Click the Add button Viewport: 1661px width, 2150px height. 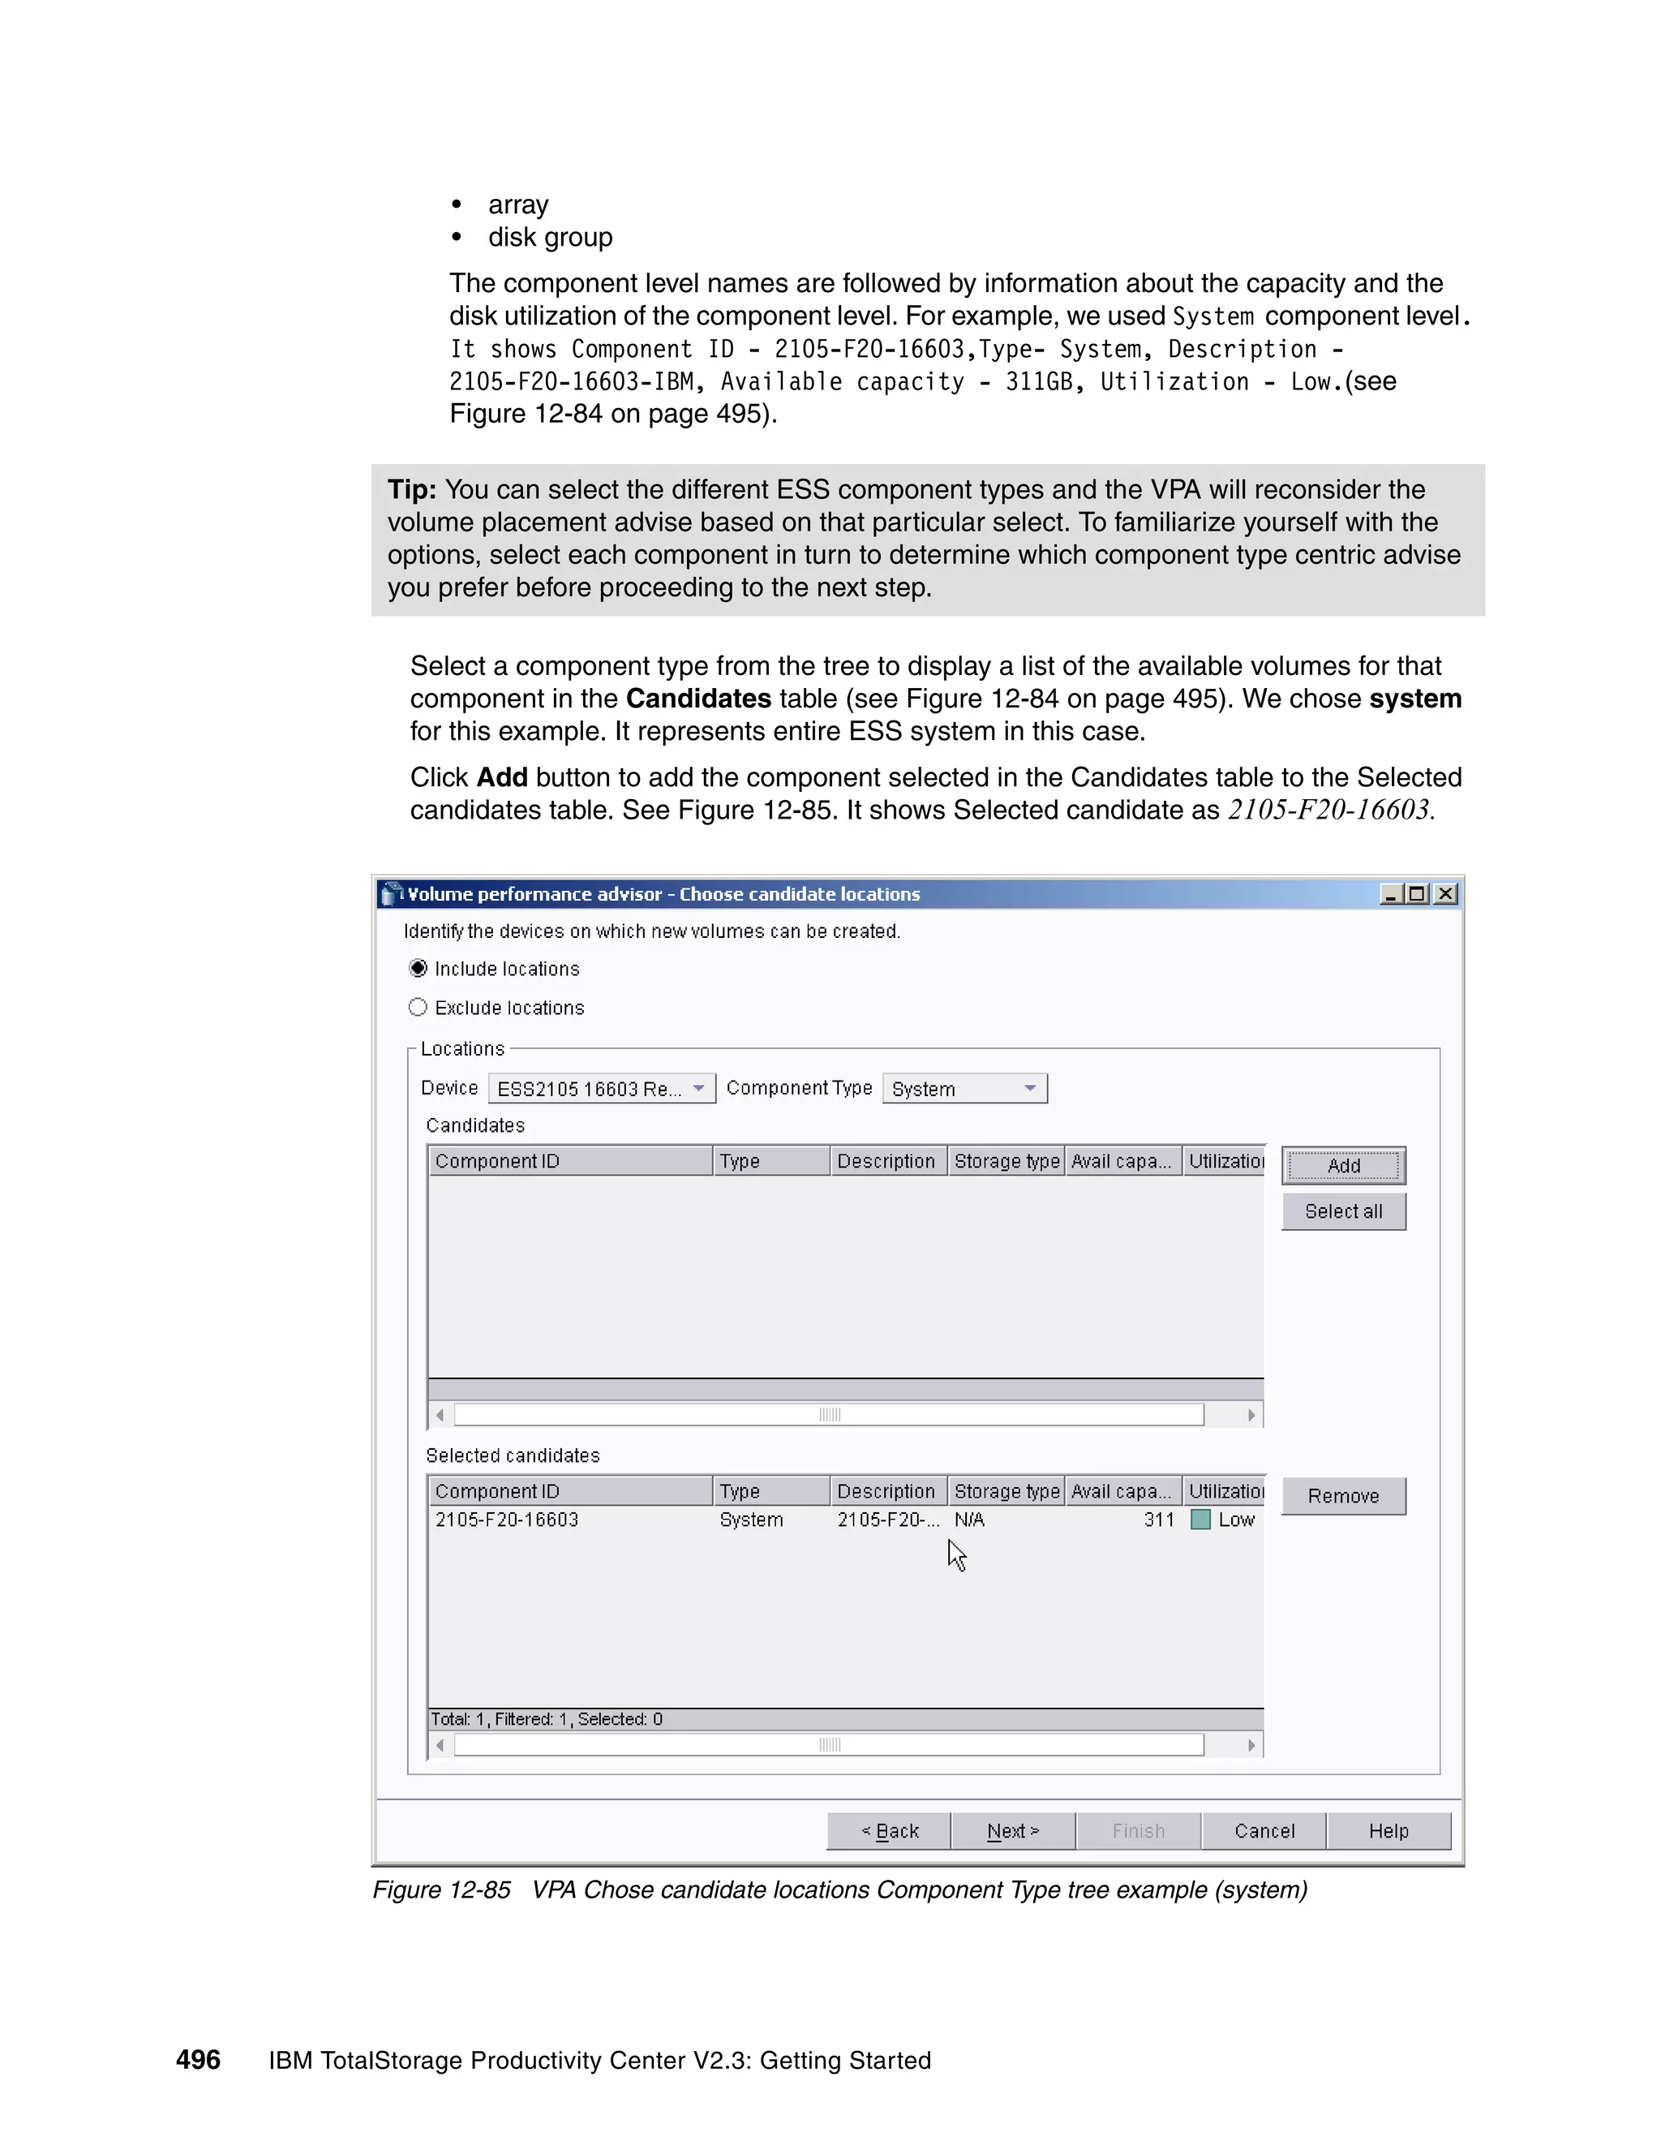point(1343,1166)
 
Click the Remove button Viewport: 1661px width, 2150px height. point(1343,1496)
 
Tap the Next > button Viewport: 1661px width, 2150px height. point(1012,1831)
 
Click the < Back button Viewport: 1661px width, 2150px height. point(890,1831)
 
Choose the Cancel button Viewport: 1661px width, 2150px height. point(1264,1831)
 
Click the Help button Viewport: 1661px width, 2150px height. point(1388,1831)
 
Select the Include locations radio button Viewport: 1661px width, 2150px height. point(418,969)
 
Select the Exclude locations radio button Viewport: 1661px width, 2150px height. point(418,1007)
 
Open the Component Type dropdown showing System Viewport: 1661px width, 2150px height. point(964,1089)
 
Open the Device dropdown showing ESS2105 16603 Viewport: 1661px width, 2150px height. point(601,1089)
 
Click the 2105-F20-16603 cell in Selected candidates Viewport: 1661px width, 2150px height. point(507,1520)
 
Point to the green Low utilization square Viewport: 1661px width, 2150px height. point(1200,1520)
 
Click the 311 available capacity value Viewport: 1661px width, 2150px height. point(1159,1520)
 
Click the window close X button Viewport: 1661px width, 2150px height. point(1445,894)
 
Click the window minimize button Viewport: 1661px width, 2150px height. point(1390,894)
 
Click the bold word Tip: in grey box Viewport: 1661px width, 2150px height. point(411,489)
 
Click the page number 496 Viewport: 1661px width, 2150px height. point(198,2061)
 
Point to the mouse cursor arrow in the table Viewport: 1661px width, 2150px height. point(956,1554)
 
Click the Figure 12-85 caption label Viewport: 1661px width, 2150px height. point(441,1890)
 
